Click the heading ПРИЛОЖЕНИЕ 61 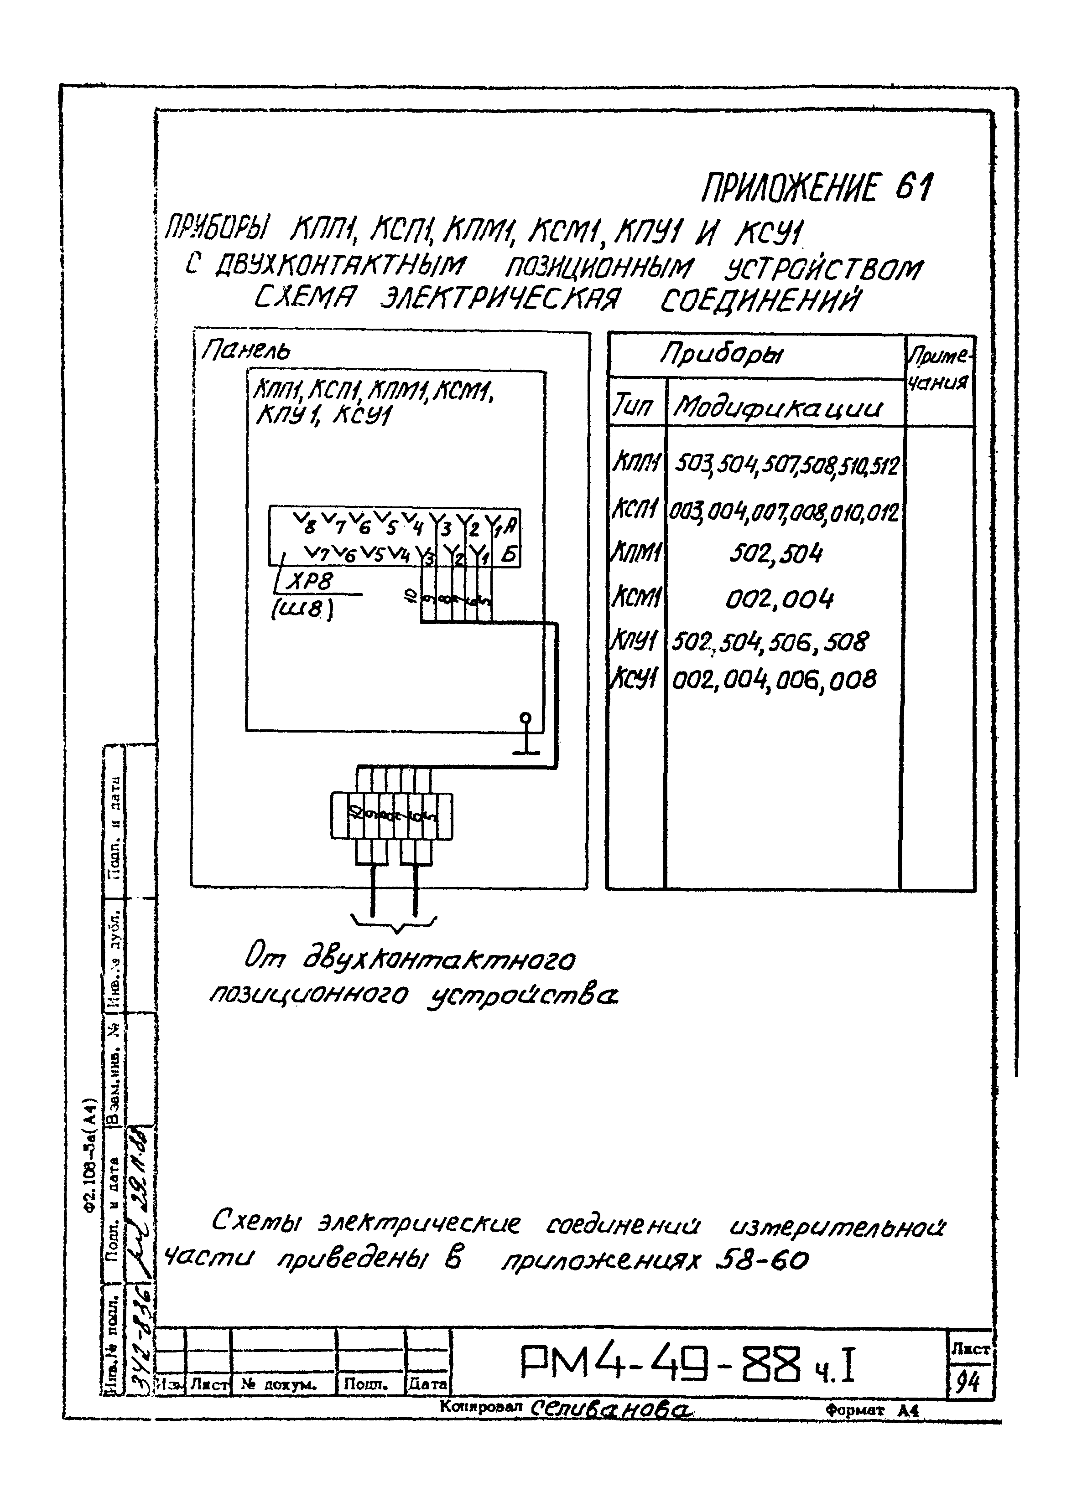point(817,189)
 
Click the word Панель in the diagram point(246,351)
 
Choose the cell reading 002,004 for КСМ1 point(779,599)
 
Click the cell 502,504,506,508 point(769,641)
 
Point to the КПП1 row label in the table point(636,463)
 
